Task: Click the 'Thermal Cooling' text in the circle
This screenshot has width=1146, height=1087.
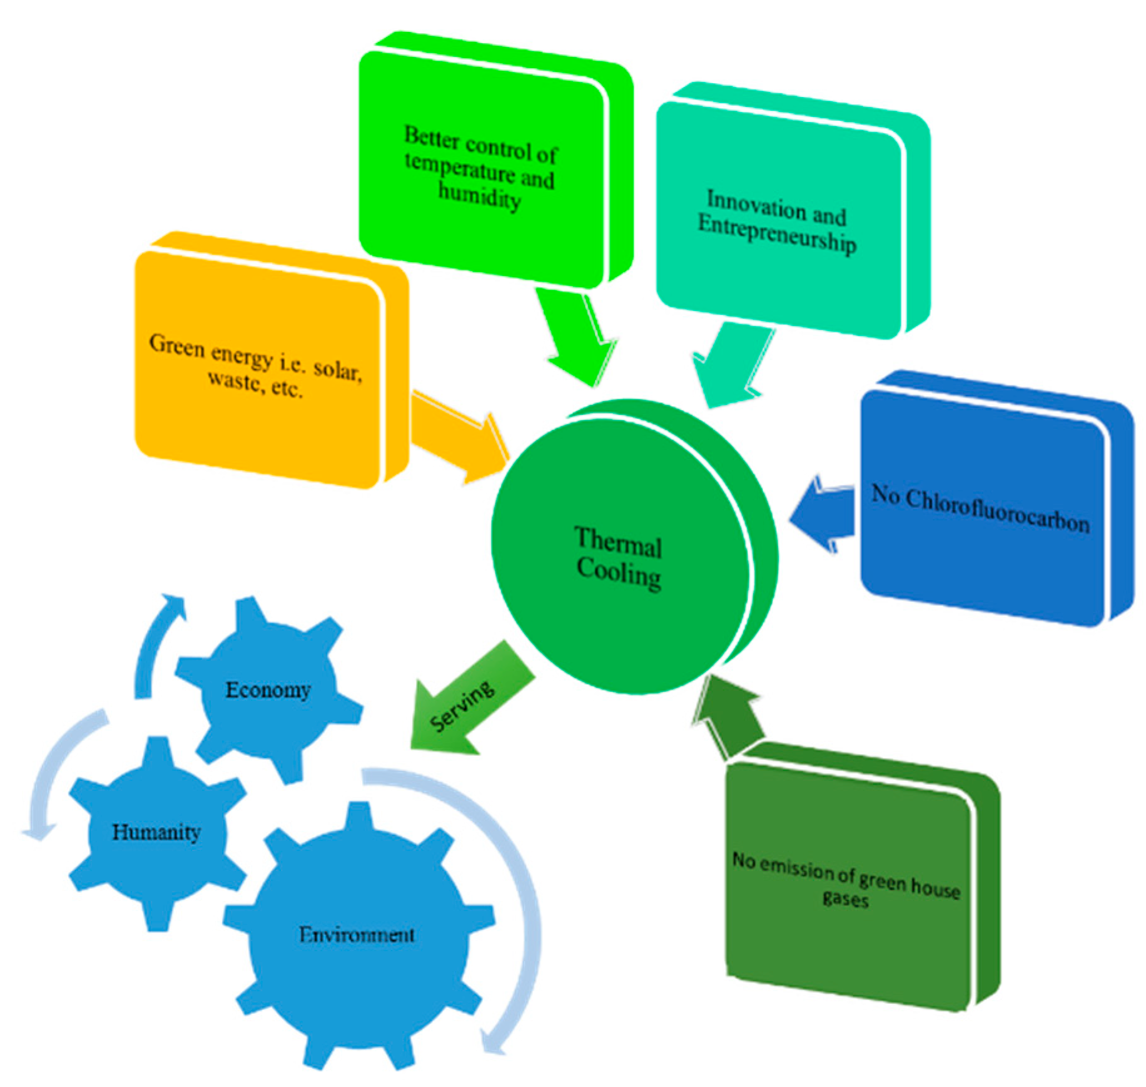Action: pyautogui.click(x=618, y=558)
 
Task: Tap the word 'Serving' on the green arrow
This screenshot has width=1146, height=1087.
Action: pyautogui.click(x=462, y=705)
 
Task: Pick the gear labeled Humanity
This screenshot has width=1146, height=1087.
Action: pyautogui.click(x=156, y=832)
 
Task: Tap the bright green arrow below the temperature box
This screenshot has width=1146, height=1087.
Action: pyautogui.click(x=576, y=338)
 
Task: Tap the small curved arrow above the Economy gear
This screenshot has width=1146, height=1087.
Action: pyautogui.click(x=156, y=645)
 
